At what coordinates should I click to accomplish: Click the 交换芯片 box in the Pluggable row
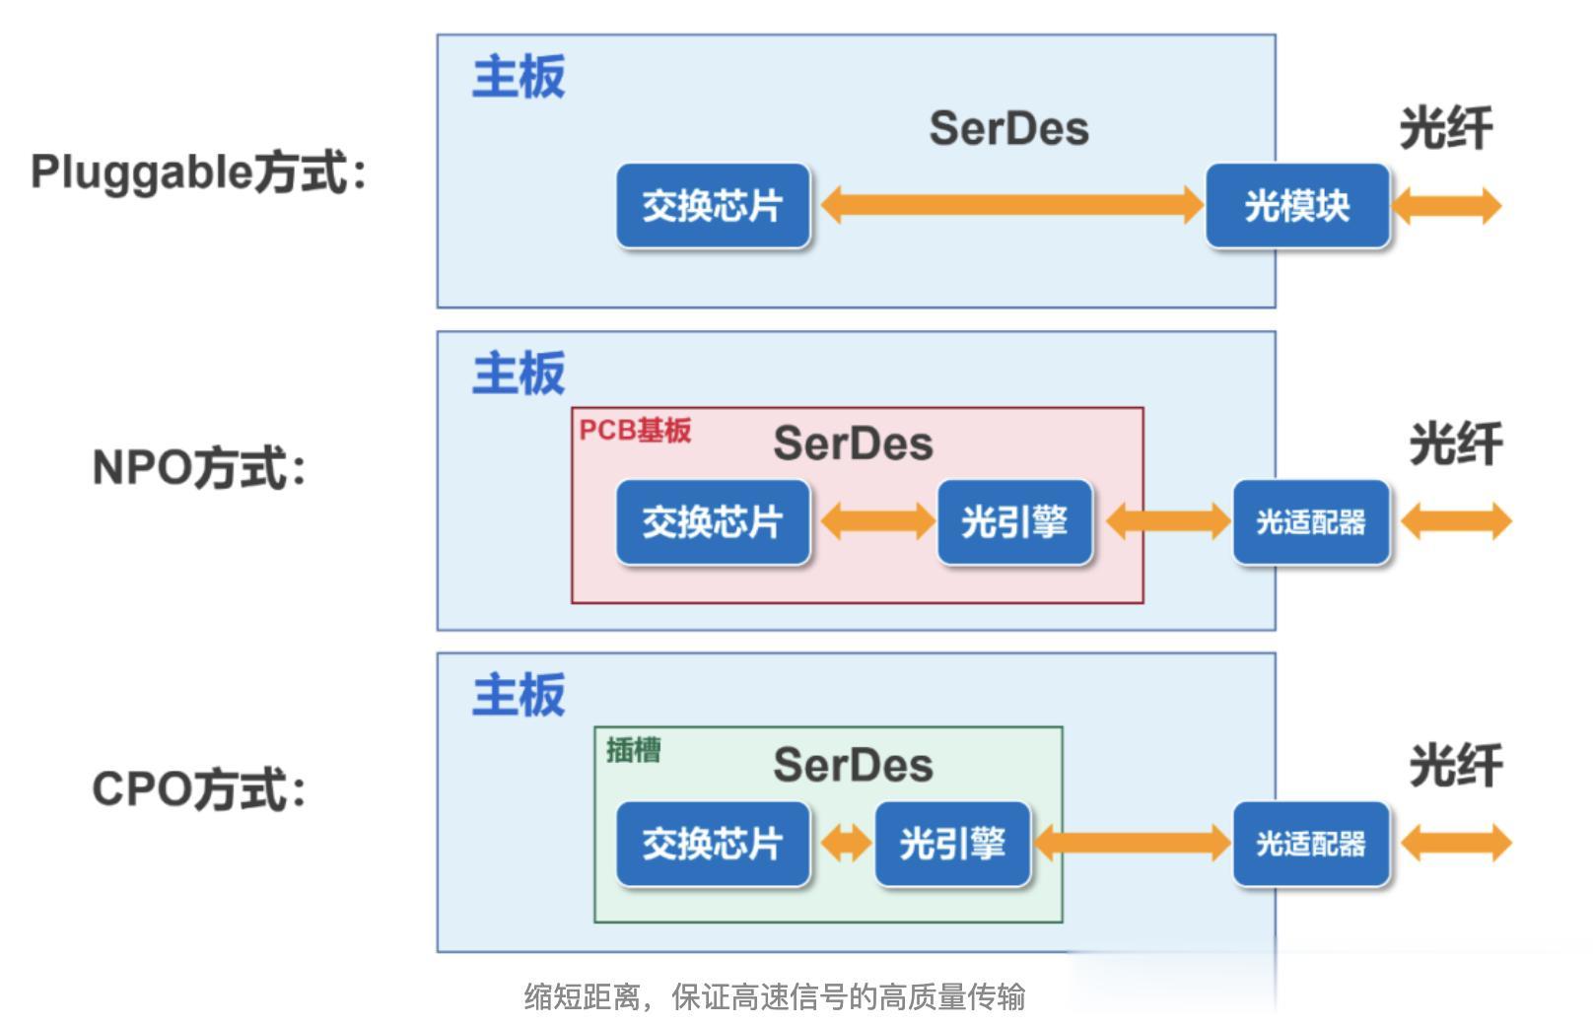point(713,206)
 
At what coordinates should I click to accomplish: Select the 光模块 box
point(1297,206)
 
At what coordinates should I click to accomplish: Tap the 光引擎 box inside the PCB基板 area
point(1014,521)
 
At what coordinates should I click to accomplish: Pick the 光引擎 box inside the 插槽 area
point(952,844)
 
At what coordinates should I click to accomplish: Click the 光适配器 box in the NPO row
point(1311,521)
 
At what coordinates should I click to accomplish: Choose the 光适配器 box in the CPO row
point(1311,844)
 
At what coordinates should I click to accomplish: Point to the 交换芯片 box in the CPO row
point(713,844)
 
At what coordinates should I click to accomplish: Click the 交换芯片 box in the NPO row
point(713,521)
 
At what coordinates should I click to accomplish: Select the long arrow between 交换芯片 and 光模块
point(1011,205)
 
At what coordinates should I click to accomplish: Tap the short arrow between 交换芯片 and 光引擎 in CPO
point(845,844)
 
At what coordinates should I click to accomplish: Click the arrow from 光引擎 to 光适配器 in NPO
point(1168,521)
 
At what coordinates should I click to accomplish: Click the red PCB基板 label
point(635,431)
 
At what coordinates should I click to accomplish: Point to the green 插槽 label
point(633,751)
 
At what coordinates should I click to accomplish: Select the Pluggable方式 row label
point(198,172)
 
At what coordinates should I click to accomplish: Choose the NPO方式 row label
point(198,467)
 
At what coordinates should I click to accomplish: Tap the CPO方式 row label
point(198,789)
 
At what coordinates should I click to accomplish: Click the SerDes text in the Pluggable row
point(1008,129)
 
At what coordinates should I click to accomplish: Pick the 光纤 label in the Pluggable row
point(1445,129)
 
